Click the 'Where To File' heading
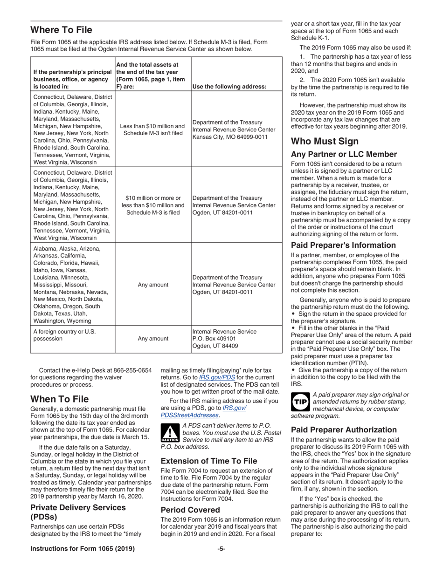point(61,30)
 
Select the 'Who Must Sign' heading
point(325,142)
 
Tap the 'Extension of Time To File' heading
point(208,461)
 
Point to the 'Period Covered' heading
point(190,510)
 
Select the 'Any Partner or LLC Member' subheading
point(344,154)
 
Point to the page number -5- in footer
point(221,549)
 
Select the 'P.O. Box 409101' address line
point(214,339)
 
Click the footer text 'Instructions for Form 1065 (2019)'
point(83,549)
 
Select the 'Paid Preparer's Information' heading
point(343,245)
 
